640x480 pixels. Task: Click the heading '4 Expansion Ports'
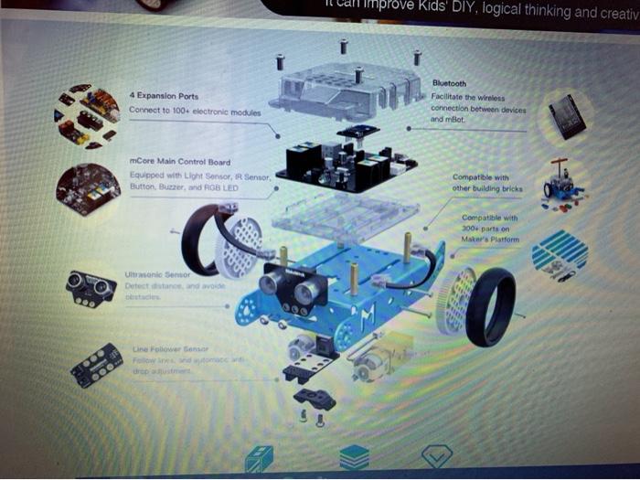(164, 96)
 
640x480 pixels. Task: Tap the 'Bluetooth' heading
(449, 83)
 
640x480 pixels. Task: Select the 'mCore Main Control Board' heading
(179, 163)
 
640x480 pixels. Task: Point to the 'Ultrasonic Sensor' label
(157, 273)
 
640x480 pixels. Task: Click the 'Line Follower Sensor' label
(170, 349)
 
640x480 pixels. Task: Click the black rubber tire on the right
(490, 306)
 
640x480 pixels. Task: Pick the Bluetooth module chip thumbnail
(567, 117)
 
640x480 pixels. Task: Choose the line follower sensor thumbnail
(96, 365)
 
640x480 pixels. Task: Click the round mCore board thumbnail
(88, 189)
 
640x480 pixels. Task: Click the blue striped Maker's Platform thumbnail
(560, 253)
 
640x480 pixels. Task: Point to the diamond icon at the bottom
(436, 456)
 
